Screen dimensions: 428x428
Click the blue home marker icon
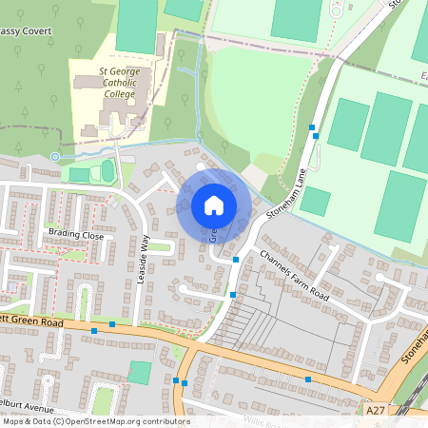coord(214,204)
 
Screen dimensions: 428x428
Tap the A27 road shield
coord(378,412)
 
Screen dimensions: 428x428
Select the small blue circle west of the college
coord(55,156)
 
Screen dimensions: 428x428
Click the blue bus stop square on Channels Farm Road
coord(236,259)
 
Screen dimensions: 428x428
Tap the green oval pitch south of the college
coord(107,171)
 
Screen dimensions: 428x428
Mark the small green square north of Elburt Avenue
coord(139,372)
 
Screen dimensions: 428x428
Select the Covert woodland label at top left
coord(26,31)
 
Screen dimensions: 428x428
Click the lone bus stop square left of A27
coord(308,379)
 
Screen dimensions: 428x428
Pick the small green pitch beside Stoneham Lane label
coord(315,201)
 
